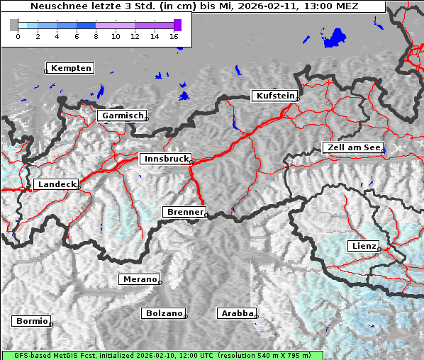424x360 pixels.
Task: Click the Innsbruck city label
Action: pos(165,159)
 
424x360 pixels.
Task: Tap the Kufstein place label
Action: pos(274,96)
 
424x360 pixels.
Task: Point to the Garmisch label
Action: pos(122,115)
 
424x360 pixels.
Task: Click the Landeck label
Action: pos(56,184)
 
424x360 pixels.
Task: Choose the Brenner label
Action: pos(185,212)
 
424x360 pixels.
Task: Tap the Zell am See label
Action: pos(353,147)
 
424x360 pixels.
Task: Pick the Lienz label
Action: pos(364,246)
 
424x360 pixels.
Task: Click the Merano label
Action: pos(139,279)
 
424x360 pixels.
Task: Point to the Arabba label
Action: pos(236,313)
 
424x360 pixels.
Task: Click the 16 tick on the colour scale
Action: pos(174,36)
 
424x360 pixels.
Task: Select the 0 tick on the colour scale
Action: pos(18,36)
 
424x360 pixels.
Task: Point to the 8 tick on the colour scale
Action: pos(96,36)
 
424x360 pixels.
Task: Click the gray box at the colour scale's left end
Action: pos(13,25)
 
